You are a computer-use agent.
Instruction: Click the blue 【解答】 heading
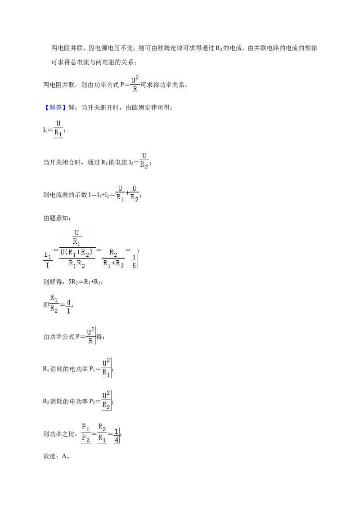click(54, 108)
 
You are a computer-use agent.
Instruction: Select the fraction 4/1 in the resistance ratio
click(68, 306)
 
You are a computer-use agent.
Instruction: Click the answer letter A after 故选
click(64, 456)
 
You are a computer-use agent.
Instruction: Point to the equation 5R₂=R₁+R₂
click(85, 282)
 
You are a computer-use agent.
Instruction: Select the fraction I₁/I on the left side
click(48, 260)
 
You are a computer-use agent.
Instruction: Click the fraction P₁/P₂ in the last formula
click(86, 433)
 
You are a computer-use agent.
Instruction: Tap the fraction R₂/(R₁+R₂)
click(113, 258)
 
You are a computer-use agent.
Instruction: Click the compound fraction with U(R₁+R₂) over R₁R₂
click(77, 249)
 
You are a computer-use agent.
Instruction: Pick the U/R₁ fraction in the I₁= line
click(58, 129)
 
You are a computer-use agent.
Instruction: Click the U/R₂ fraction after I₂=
click(144, 161)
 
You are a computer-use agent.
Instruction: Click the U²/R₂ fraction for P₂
click(106, 400)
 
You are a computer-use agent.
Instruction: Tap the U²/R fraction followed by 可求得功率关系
click(135, 84)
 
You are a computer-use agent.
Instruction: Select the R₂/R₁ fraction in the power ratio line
click(102, 433)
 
